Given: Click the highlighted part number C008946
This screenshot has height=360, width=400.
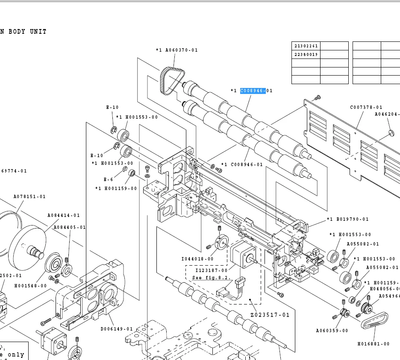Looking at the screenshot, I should click(x=253, y=91).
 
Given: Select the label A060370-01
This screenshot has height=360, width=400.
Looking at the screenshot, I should click(x=176, y=50).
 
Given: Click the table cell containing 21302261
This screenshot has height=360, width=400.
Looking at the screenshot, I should click(x=306, y=46).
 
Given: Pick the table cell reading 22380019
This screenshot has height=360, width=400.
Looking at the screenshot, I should click(x=306, y=55).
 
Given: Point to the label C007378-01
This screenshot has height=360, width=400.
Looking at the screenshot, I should click(x=366, y=108).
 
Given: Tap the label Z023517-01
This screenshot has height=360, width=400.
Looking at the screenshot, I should click(x=270, y=315).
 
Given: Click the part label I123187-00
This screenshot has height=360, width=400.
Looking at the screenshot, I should click(x=212, y=270).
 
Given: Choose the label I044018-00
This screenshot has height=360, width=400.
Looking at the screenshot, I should click(x=197, y=259).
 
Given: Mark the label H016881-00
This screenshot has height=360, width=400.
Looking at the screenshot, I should click(x=374, y=344).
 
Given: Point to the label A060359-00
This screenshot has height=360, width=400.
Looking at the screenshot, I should click(x=332, y=331).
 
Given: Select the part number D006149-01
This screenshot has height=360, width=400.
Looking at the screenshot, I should click(x=117, y=329).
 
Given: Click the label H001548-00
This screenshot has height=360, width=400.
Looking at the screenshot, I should click(x=30, y=286).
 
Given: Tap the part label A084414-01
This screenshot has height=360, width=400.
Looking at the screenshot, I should click(x=63, y=216).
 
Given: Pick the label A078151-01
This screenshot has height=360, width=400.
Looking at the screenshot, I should click(x=29, y=197).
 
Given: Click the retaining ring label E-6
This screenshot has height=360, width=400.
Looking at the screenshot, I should click(x=108, y=180).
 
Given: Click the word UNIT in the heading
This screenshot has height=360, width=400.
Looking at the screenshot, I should click(x=38, y=32).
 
